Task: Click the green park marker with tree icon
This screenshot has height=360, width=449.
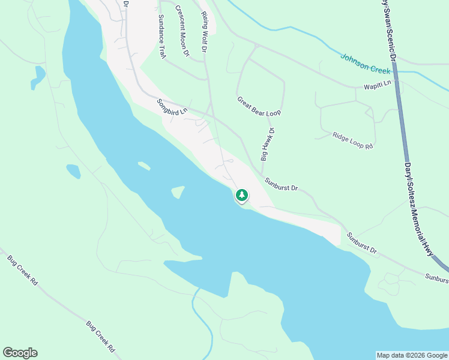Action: point(241,195)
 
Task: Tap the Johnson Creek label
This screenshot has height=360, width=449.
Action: point(365,65)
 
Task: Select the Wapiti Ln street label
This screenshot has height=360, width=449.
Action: point(377,85)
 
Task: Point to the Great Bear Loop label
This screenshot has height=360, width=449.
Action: point(259,106)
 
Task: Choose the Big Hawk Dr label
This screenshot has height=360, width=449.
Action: point(267,145)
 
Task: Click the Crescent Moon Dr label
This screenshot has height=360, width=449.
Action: point(182,31)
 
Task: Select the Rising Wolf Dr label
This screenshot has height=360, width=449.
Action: point(203,31)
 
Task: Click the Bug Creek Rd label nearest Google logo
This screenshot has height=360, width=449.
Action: point(100,337)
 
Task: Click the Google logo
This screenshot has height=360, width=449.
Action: point(20,353)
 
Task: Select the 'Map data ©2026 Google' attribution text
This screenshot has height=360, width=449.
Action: point(412,355)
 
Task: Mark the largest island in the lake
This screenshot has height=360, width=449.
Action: point(178,192)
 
